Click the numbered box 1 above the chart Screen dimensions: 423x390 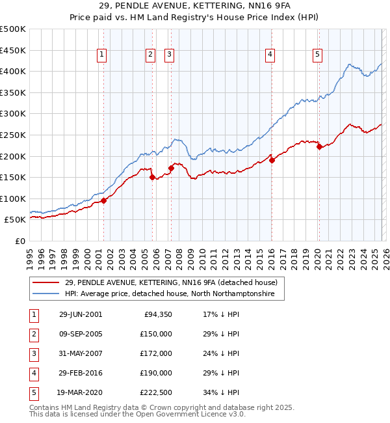103,55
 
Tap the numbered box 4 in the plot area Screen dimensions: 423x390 269,55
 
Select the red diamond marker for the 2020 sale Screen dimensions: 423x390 319,147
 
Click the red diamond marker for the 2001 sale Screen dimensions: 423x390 104,200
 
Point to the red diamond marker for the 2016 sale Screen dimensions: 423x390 272,160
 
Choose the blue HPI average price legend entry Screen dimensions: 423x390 170,294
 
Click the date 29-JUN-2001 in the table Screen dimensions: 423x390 80,314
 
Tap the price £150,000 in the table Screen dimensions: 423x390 157,334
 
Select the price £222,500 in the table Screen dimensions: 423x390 157,392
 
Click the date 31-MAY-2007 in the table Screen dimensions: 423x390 80,353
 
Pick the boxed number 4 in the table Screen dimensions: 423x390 33,373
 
